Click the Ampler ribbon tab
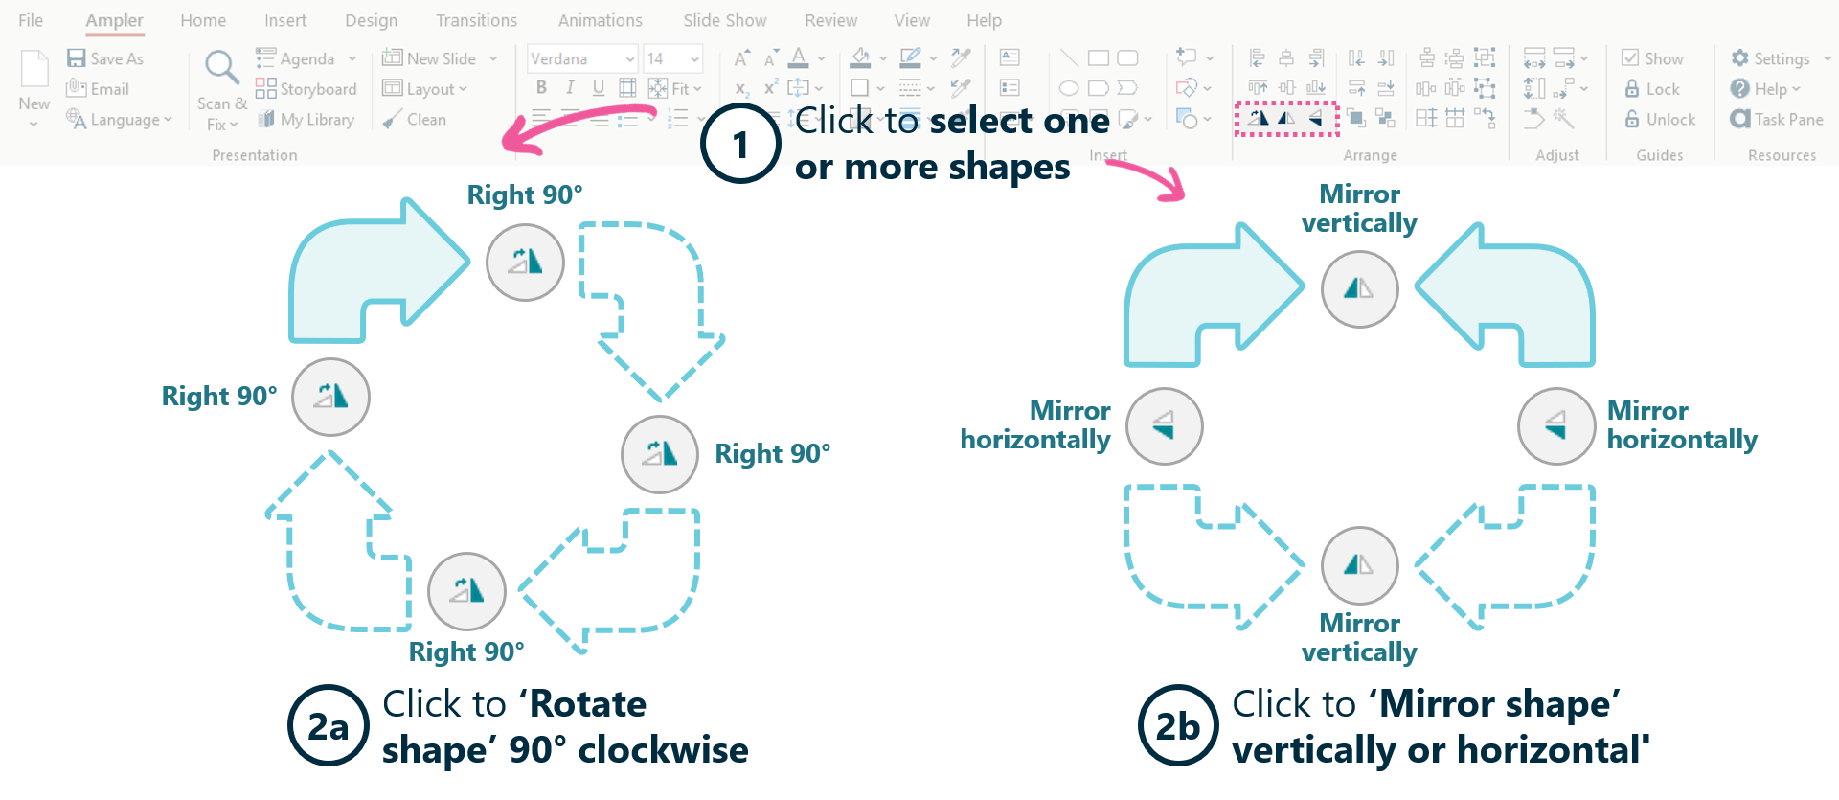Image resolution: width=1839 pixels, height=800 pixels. (x=114, y=20)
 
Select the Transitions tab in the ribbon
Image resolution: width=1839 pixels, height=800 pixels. (x=476, y=20)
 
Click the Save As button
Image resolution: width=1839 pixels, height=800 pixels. (x=105, y=58)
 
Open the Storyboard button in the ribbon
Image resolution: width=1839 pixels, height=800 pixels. (x=306, y=89)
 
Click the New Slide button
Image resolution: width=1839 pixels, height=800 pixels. (x=440, y=58)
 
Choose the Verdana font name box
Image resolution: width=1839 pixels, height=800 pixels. (x=582, y=58)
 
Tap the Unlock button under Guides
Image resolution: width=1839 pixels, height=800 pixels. (x=1660, y=120)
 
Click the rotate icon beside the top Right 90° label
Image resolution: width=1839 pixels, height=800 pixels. (x=525, y=263)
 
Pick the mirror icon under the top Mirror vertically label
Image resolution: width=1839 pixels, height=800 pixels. (x=1359, y=289)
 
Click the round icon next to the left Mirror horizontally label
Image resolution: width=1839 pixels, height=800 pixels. (x=1165, y=426)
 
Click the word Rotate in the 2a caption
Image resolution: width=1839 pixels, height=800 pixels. (x=588, y=704)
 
